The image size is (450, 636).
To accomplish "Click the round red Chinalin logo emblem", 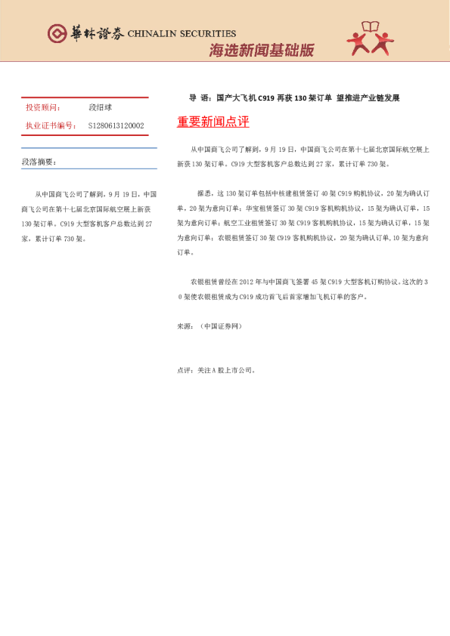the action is point(57,33).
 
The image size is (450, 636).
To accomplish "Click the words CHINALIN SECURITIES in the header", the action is point(182,34).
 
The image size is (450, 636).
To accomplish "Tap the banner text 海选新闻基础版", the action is point(261,51).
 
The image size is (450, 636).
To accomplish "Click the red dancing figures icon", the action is point(371,44).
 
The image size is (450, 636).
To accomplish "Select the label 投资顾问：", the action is point(43,108).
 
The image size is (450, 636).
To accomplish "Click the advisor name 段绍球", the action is point(100,108).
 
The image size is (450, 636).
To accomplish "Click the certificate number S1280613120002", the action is point(116,125).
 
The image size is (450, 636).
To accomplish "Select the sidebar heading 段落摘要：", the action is point(39,162).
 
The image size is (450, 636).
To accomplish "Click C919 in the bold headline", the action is point(266,98).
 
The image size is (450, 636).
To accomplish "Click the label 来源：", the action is point(185,326).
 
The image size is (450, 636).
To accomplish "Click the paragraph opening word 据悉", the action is point(203,194).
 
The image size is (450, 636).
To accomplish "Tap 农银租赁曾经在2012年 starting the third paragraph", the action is point(227,280).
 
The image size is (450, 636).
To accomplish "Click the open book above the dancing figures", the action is point(371,27).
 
